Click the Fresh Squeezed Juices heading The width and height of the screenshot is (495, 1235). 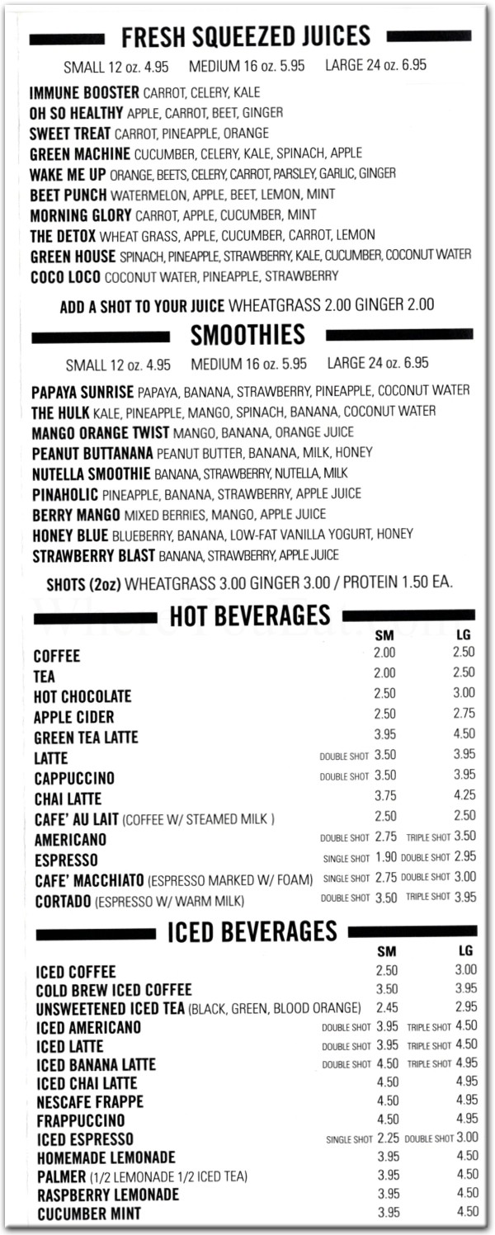click(x=245, y=37)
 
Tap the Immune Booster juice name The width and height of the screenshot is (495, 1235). click(x=84, y=92)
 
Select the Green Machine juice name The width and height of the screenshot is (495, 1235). click(x=80, y=153)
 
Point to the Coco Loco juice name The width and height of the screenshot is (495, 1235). click(x=66, y=276)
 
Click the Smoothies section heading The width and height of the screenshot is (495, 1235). click(x=247, y=335)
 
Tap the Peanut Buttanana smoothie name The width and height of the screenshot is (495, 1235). click(x=92, y=453)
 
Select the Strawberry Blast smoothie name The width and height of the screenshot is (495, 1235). click(x=93, y=555)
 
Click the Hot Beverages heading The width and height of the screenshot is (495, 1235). click(x=249, y=615)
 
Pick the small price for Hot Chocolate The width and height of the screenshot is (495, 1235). click(x=384, y=694)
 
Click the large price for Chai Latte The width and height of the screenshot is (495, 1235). click(x=464, y=796)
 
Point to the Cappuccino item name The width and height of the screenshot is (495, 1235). click(x=74, y=779)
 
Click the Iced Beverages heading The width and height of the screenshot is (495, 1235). click(x=252, y=932)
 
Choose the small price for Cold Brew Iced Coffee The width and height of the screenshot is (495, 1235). click(x=387, y=988)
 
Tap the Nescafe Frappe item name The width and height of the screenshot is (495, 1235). click(x=90, y=1102)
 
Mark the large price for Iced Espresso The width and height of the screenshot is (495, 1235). click(x=467, y=1138)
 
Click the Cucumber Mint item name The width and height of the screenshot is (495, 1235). click(x=88, y=1214)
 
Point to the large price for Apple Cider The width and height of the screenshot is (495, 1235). click(x=464, y=714)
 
